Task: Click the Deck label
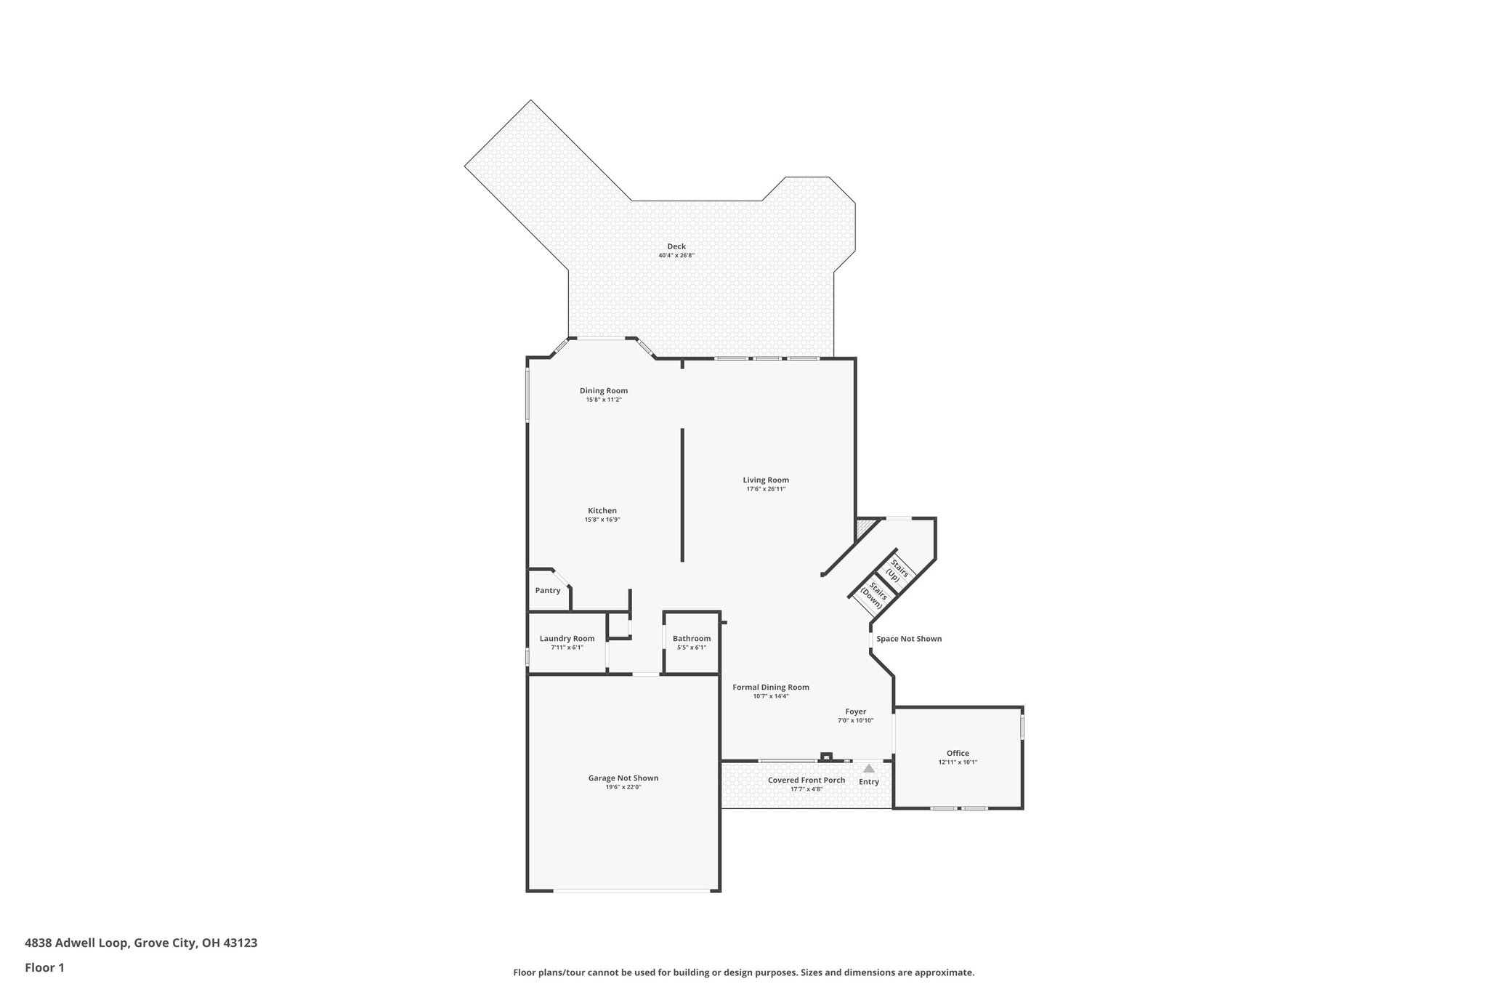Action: coord(676,246)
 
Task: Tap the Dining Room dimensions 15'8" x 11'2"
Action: coord(604,400)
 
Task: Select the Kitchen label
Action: coord(602,511)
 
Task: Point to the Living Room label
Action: coord(766,480)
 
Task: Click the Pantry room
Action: coord(548,591)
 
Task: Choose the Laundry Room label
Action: coord(567,639)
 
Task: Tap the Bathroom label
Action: coord(692,639)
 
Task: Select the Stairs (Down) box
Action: coord(874,595)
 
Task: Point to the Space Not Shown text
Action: coord(909,639)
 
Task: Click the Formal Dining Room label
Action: coord(771,687)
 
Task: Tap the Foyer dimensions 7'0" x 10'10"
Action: coord(855,721)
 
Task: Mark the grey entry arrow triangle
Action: coord(869,768)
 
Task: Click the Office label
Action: coord(958,754)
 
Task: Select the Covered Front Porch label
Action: coord(806,781)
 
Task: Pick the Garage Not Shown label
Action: coord(623,778)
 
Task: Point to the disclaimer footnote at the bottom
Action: coord(743,972)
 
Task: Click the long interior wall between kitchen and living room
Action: coord(682,494)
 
